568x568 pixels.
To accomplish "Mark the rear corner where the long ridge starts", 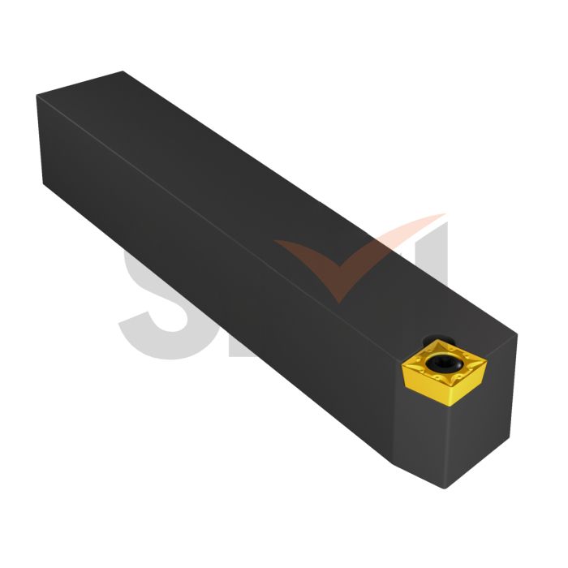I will pyautogui.click(x=37, y=97).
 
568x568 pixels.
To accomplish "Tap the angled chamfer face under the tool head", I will pyautogui.click(x=418, y=467).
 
